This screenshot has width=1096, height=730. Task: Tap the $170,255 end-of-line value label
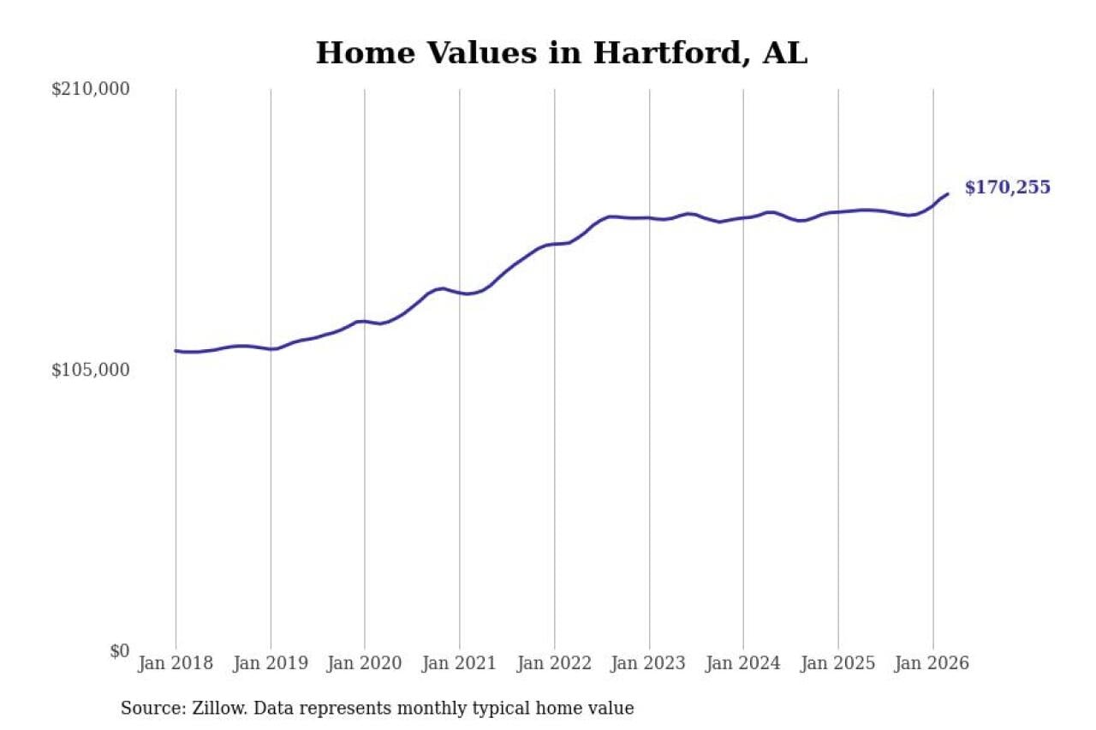[x=1007, y=187]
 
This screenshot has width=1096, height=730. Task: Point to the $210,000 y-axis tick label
[x=90, y=89]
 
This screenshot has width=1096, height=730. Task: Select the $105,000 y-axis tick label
[x=90, y=370]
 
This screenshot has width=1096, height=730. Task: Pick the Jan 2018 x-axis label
[x=176, y=663]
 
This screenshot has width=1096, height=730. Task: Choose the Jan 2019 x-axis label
[x=271, y=663]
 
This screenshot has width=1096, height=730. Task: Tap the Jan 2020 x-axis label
[x=365, y=663]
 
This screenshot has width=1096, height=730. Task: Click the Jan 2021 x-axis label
[x=460, y=663]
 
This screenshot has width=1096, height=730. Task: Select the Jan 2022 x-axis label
[x=554, y=663]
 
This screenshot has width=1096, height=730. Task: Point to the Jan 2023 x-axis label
[x=649, y=663]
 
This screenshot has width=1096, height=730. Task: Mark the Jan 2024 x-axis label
[x=743, y=663]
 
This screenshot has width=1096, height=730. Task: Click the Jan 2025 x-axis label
[x=838, y=663]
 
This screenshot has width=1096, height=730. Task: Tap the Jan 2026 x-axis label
[x=932, y=663]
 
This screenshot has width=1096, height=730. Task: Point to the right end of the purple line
[x=947, y=194]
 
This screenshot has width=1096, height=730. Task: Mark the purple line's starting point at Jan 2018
[x=176, y=351]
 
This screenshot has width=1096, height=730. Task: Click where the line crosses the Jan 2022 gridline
[x=554, y=244]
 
